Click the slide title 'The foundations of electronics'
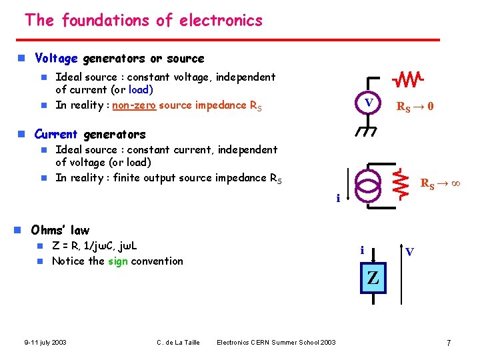[143, 21]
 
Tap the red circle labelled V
[367, 103]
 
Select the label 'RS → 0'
[415, 105]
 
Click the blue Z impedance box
[373, 279]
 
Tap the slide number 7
[449, 343]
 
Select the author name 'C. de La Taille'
[178, 343]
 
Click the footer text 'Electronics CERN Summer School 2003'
[276, 343]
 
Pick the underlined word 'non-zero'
[133, 105]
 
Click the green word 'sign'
[118, 261]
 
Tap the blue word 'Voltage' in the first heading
[57, 59]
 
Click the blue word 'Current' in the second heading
[56, 134]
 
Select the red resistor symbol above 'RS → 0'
[407, 81]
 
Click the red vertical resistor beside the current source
[401, 183]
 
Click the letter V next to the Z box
[409, 251]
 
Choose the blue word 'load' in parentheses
[141, 89]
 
